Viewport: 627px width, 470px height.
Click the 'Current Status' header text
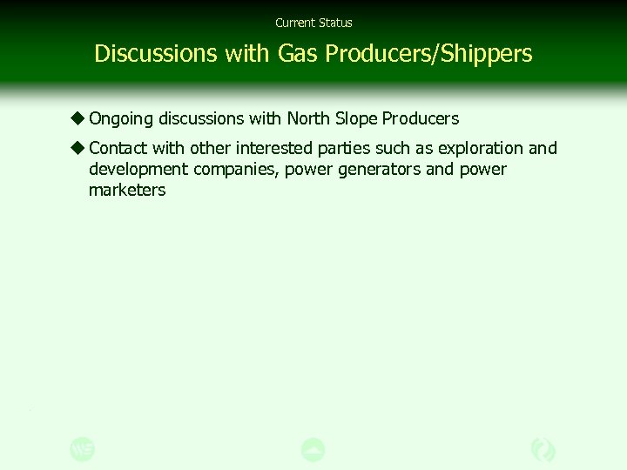(313, 23)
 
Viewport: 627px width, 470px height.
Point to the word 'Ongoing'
(121, 119)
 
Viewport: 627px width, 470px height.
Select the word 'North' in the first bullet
(308, 118)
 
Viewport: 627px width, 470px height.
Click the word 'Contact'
(118, 148)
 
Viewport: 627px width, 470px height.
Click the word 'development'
(138, 170)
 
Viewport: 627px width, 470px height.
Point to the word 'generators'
(379, 170)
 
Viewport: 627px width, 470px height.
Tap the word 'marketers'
(126, 190)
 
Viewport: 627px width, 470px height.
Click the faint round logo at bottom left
(83, 450)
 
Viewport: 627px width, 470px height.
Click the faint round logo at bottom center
(313, 450)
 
